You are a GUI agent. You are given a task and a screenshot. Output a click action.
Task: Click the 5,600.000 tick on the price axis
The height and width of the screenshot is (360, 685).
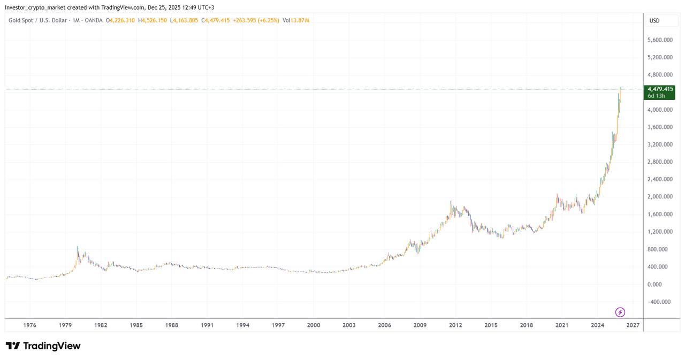(x=660, y=40)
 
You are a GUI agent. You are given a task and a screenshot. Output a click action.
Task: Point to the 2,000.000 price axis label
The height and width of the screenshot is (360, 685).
(x=660, y=197)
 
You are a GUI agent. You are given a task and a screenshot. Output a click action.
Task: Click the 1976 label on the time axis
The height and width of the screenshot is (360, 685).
(x=30, y=325)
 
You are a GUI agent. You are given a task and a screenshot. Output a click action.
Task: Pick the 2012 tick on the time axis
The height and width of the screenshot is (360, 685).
(x=455, y=325)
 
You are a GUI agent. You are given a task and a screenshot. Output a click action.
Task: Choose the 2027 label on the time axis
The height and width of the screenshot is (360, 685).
(x=633, y=325)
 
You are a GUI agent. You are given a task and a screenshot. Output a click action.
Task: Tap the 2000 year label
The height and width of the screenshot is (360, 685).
(x=314, y=325)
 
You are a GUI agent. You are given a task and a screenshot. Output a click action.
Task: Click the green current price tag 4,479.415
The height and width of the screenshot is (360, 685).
(x=660, y=92)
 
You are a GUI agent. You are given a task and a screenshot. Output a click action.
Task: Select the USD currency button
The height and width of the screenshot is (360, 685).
(x=654, y=21)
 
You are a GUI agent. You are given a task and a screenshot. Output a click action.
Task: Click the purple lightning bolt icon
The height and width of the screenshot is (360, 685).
(x=620, y=312)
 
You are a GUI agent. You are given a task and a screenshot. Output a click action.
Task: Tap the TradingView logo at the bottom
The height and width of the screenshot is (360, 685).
(x=43, y=346)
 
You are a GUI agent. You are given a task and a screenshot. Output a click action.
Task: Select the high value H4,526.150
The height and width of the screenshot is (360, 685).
(x=153, y=20)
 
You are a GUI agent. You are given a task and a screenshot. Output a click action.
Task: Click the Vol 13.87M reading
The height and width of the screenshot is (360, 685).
(x=296, y=20)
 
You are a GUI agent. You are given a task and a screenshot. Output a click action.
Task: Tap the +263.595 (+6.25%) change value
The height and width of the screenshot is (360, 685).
(x=256, y=20)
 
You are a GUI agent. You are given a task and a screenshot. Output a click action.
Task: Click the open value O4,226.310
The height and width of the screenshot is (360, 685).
(x=121, y=20)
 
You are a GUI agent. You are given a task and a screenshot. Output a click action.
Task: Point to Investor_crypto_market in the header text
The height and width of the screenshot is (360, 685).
(x=34, y=7)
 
